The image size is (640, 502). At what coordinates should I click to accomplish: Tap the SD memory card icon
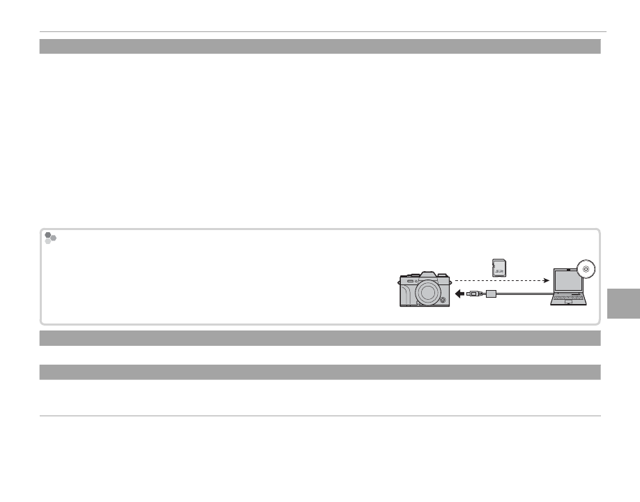point(499,267)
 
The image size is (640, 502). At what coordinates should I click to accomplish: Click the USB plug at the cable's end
point(473,294)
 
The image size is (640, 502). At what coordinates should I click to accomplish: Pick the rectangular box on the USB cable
point(491,294)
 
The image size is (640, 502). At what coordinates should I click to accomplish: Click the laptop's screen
point(567,282)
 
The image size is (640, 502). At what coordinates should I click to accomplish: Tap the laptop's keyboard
point(568,297)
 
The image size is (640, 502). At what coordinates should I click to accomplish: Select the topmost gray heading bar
point(320,47)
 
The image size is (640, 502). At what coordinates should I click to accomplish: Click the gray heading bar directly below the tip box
point(320,338)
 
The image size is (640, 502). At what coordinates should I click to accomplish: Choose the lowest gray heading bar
point(320,372)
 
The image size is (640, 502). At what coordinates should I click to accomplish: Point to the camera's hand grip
point(406,294)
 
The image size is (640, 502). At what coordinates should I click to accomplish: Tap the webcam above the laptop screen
point(567,270)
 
